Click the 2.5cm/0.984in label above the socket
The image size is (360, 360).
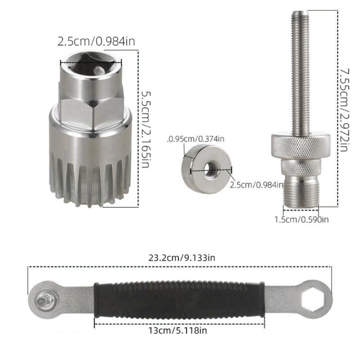point(96,42)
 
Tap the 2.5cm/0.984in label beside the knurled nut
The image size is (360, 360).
point(257,184)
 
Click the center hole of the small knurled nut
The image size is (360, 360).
point(209,169)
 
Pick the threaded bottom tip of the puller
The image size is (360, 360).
point(301,193)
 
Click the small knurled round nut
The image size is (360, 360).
point(198,169)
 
